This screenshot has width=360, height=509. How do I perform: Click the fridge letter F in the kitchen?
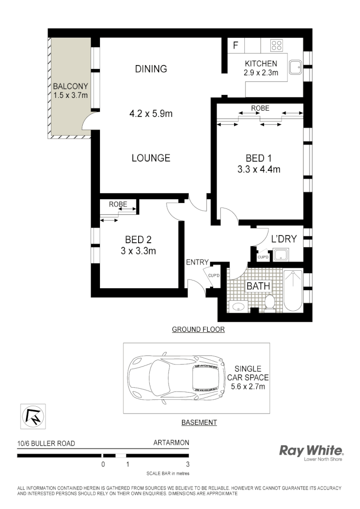(236, 46)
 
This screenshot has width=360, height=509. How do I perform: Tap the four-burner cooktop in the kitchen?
(276, 46)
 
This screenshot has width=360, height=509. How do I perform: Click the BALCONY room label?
(71, 87)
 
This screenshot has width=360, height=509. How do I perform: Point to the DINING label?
(151, 69)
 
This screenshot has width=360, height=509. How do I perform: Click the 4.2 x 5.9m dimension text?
(151, 114)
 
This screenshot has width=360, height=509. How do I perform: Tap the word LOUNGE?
(151, 158)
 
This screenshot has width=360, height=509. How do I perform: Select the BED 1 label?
(259, 158)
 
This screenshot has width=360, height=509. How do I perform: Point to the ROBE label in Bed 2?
(118, 204)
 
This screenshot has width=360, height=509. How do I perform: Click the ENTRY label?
(197, 262)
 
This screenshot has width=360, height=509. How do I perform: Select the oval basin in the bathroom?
(239, 307)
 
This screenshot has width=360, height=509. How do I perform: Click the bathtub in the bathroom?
(293, 291)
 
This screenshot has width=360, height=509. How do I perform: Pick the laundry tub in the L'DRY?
(282, 254)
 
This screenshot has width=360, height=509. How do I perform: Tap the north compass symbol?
(34, 416)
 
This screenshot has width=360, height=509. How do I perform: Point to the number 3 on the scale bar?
(187, 464)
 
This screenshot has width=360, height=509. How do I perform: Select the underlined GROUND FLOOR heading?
(198, 329)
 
